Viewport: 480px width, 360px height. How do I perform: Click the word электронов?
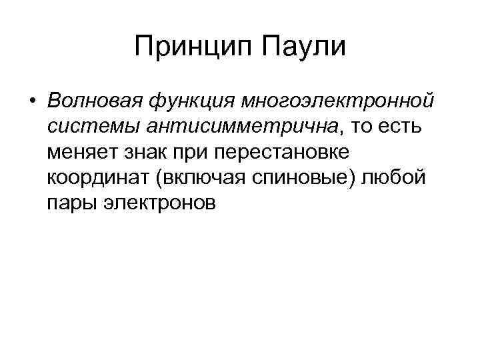pyautogui.click(x=159, y=203)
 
